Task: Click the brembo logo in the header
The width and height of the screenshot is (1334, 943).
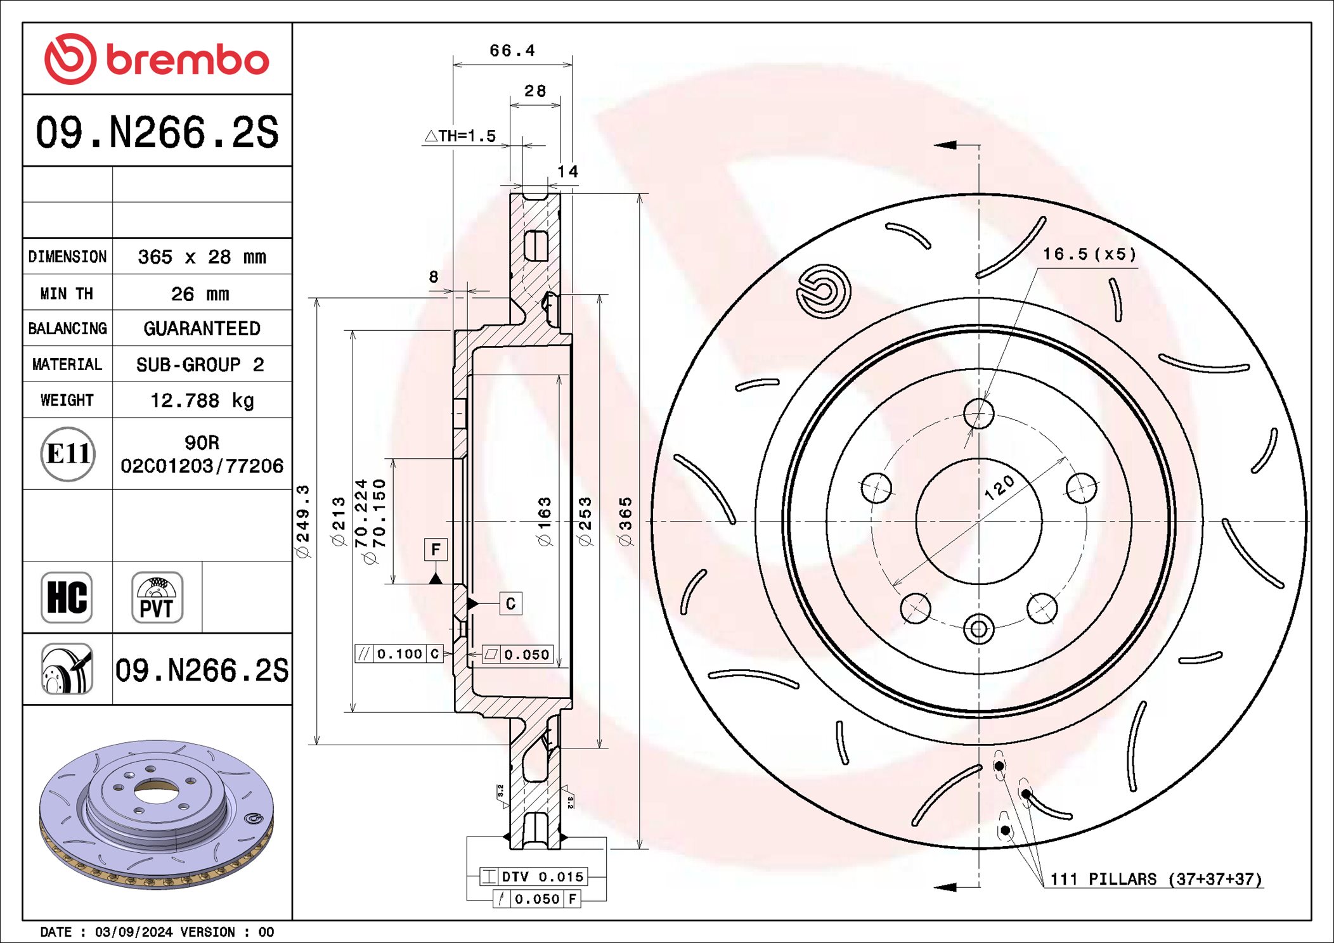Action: pos(157,59)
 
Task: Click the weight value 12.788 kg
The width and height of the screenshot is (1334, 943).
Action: pos(202,401)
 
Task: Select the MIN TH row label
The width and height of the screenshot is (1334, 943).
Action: pos(67,293)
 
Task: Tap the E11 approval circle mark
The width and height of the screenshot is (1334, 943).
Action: pos(68,454)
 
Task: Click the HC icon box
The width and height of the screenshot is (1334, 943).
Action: pos(67,597)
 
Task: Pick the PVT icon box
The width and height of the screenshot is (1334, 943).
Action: pos(157,597)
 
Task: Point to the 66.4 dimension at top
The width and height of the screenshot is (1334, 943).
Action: pos(512,51)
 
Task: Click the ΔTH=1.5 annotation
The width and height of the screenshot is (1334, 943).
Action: pos(460,136)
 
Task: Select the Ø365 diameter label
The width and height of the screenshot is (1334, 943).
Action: pos(625,521)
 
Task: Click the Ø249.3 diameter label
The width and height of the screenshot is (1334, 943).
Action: pos(303,521)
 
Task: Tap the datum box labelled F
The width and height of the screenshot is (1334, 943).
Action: pos(436,549)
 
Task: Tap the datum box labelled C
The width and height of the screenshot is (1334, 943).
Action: pos(510,603)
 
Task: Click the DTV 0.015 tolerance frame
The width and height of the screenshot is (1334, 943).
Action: pos(534,876)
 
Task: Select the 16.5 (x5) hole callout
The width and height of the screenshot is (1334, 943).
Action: pos(1089,255)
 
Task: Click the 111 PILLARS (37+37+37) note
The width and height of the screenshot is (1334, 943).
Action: pos(1155,879)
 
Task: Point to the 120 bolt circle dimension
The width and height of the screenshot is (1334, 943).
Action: pos(999,488)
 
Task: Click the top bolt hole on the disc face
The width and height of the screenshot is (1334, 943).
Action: pos(978,413)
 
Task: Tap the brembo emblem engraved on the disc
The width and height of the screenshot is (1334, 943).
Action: pos(823,292)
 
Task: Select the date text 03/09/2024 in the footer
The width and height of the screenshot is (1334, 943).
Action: pos(133,932)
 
